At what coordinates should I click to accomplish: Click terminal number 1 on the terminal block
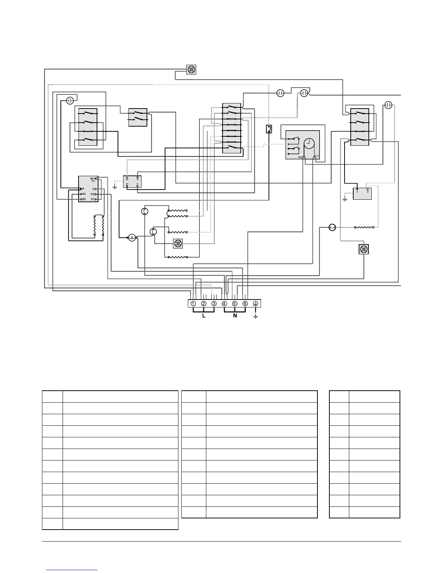coord(194,304)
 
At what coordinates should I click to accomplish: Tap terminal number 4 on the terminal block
coord(224,304)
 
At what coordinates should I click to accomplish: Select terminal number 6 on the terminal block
coord(245,304)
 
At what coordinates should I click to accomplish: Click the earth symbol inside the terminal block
coord(255,304)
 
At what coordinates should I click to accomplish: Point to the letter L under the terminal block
coord(204,316)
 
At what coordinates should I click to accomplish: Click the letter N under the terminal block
coord(235,316)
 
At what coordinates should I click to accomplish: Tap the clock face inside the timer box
coord(309,144)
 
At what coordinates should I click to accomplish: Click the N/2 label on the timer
coord(300,157)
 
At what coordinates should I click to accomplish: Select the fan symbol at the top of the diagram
coord(191,70)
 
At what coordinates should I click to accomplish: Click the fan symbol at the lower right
coord(363,249)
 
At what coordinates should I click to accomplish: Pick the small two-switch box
coord(138,117)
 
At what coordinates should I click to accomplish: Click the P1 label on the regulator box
coord(93,181)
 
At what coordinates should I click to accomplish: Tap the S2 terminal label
coord(83,199)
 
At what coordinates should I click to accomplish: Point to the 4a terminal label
coord(83,194)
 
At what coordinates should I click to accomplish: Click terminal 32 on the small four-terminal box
coord(127,179)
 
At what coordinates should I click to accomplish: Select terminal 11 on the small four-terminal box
coord(138,184)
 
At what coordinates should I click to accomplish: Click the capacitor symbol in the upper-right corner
coord(388,105)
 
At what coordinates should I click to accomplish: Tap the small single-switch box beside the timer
coord(269,129)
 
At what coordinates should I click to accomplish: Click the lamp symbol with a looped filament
coord(132,238)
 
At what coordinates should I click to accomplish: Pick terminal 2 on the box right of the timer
coord(368,191)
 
